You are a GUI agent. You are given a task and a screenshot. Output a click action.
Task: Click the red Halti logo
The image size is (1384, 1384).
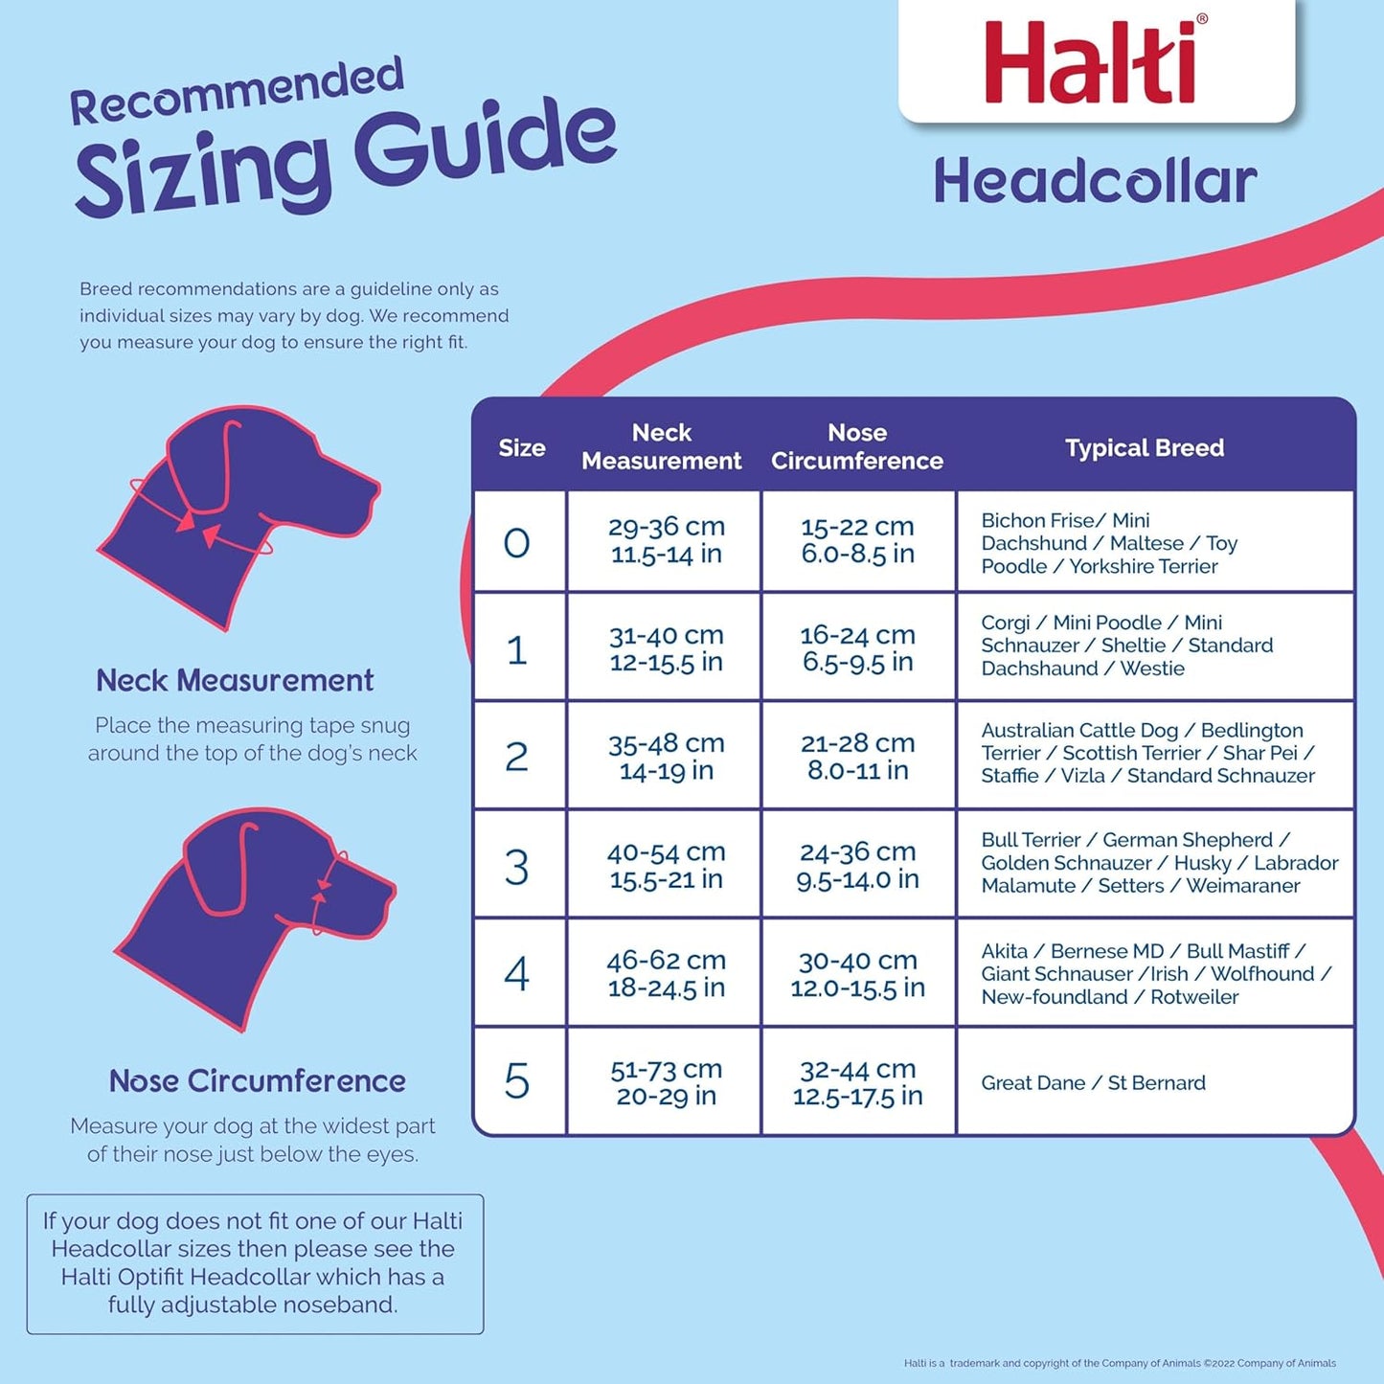pos(1091,62)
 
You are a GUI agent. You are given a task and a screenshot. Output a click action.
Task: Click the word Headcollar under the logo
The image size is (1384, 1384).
pos(1095,182)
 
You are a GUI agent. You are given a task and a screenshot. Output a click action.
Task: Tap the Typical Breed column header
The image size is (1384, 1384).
pos(1145,447)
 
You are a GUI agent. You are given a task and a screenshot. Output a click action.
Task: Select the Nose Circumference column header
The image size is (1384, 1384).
pos(857,446)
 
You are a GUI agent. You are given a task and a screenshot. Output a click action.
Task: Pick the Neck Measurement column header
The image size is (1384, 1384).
pos(662,446)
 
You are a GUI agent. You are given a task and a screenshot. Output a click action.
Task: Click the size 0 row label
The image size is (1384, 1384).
pos(517,543)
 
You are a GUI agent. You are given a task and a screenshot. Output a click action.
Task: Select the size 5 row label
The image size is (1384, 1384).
pos(517,1081)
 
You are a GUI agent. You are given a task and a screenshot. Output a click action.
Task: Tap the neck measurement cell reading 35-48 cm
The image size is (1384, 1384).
pos(667,756)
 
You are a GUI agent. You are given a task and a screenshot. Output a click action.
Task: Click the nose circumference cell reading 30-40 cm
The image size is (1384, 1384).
pos(858,973)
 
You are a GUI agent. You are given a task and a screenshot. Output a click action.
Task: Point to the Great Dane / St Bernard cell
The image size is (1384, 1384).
pos(1093,1083)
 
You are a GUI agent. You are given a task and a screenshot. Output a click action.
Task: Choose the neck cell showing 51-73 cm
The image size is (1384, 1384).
pos(667,1082)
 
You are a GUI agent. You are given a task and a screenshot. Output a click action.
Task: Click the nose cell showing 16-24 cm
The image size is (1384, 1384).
pos(858,647)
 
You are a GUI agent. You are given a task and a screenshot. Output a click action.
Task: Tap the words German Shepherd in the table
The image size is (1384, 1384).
pos(1188,840)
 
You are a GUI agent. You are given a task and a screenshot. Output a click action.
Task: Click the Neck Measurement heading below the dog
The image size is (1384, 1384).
pos(235,680)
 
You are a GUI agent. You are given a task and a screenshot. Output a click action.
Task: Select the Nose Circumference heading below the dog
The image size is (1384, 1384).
pos(258,1080)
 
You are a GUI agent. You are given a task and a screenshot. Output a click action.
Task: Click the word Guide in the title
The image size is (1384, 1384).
pos(485,144)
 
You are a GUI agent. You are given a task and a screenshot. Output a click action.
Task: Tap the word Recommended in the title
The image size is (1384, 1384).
pos(237,92)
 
